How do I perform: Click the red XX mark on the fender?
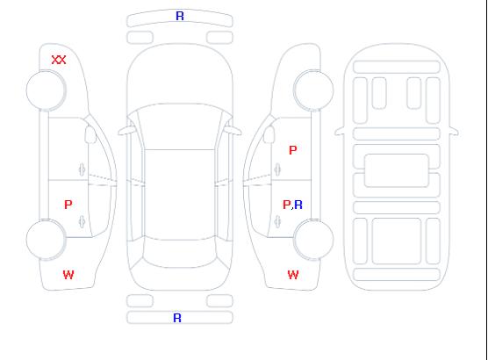click(59, 60)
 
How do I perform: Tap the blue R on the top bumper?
click(180, 16)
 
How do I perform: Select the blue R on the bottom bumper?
click(177, 318)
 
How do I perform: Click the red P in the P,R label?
click(286, 205)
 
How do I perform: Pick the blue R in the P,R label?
click(298, 205)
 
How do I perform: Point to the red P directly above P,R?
click(293, 150)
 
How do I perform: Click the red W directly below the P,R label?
click(293, 275)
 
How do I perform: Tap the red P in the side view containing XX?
click(68, 205)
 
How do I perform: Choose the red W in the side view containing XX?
click(68, 275)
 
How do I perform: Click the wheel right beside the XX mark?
click(46, 90)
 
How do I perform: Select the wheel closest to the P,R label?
click(313, 240)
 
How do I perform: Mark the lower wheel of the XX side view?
click(46, 240)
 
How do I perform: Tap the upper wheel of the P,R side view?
click(313, 90)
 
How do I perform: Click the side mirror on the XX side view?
click(90, 134)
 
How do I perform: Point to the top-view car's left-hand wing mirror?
click(126, 131)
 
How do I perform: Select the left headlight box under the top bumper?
click(140, 38)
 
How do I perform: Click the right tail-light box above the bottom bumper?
click(219, 301)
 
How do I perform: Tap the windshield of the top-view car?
click(180, 126)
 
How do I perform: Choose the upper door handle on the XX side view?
click(82, 169)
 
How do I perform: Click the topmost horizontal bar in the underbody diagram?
click(397, 67)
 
